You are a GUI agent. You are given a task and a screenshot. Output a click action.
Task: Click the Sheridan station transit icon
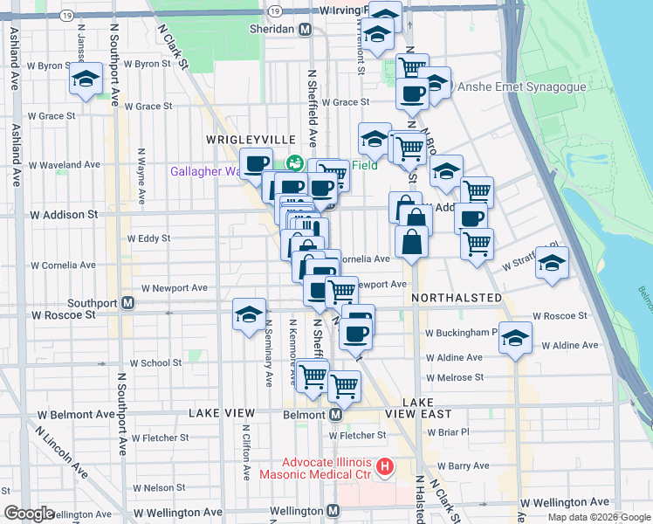pyautogui.click(x=305, y=29)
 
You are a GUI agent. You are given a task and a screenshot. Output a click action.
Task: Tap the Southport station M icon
pyautogui.click(x=128, y=303)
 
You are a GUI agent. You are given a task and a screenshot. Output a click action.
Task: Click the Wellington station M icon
pyautogui.click(x=332, y=511)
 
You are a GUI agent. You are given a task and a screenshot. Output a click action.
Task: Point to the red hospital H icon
pyautogui.click(x=384, y=468)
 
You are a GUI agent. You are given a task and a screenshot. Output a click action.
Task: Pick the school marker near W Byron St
pyautogui.click(x=86, y=79)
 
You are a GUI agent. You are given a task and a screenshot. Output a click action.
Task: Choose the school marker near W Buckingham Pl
pyautogui.click(x=516, y=337)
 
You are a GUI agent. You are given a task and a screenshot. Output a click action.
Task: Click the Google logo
pyautogui.click(x=29, y=513)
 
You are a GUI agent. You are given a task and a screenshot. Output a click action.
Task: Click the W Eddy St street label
pyautogui.click(x=149, y=238)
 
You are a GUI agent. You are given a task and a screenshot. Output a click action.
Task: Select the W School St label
pyautogui.click(x=155, y=362)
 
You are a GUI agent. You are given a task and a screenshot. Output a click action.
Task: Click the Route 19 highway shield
pyautogui.click(x=275, y=10)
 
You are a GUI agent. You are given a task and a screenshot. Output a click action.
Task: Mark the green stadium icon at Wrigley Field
pyautogui.click(x=295, y=162)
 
